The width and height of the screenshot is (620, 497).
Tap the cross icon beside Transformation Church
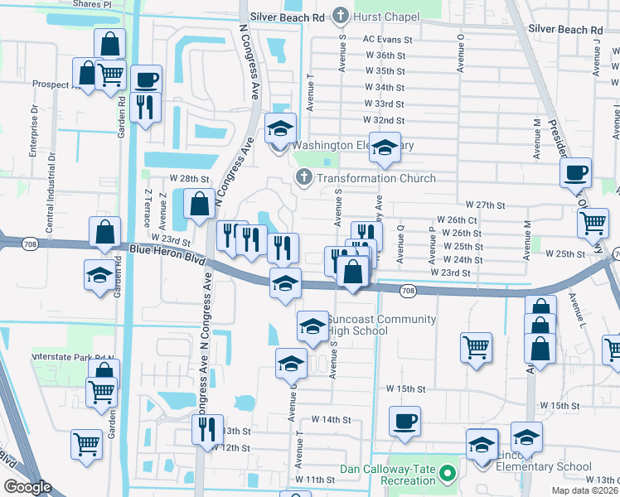pos(304,178)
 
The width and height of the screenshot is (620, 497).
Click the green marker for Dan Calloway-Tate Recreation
pos(448,475)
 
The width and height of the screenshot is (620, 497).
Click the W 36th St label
pos(384,55)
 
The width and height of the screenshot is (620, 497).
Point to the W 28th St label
pos(186,178)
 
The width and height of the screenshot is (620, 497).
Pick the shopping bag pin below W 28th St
pos(200,204)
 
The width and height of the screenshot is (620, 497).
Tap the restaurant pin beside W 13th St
pos(206,430)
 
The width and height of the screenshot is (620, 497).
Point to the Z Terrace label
pos(147,207)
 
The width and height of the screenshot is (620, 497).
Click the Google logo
pos(27,487)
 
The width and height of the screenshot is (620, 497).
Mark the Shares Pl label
pos(92,4)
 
